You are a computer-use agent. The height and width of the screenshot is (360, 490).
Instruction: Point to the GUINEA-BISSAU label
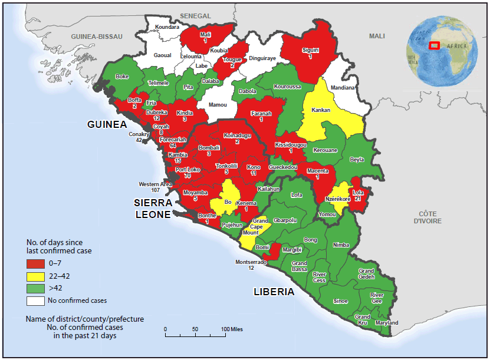[96, 37]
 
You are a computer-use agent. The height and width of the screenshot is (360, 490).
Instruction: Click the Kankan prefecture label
[321, 110]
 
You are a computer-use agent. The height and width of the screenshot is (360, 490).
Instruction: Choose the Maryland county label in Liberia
[387, 323]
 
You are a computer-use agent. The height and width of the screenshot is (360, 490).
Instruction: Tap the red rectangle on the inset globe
[434, 46]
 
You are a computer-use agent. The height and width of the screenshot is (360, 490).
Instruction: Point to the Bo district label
[228, 202]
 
